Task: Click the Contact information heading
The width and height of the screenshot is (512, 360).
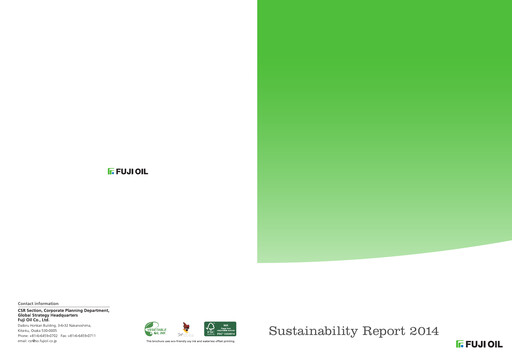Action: click(38, 303)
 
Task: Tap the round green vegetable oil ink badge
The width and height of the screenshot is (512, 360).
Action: click(156, 328)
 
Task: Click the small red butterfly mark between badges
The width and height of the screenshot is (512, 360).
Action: click(186, 327)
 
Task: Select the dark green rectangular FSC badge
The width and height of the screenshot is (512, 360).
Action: click(220, 328)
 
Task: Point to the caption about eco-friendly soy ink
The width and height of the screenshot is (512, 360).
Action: click(190, 342)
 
